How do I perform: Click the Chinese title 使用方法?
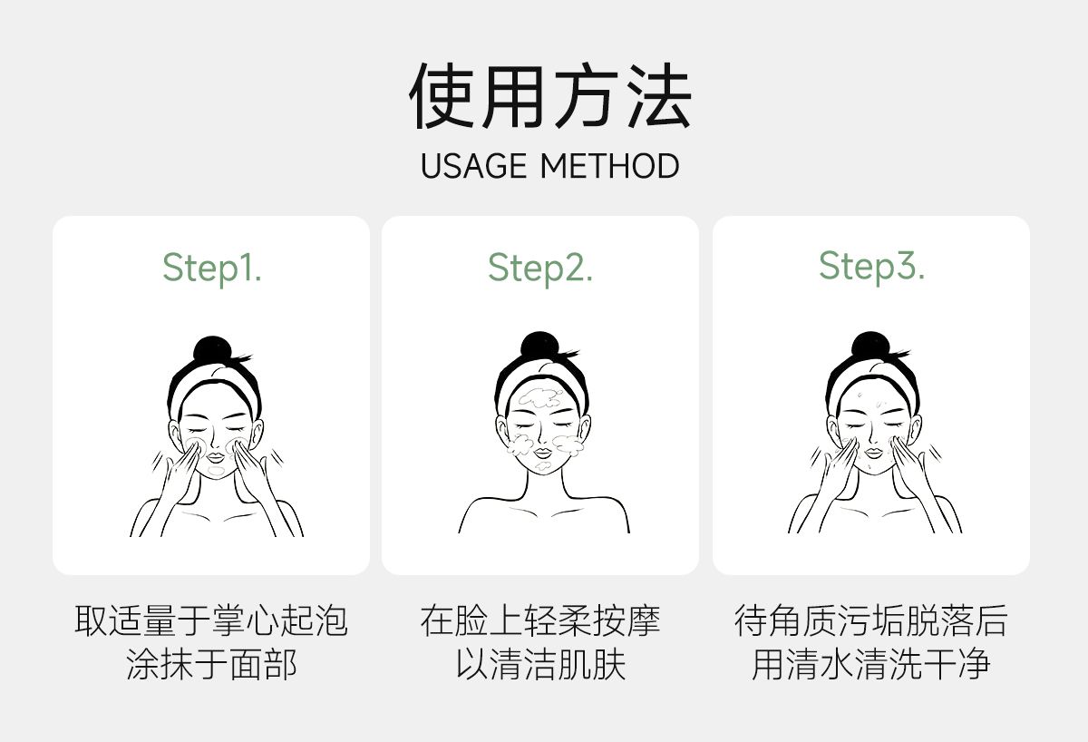point(549,95)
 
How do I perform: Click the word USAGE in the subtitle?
point(473,166)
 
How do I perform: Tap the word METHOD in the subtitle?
point(609,166)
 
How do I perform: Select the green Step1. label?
point(212,268)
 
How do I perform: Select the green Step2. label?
point(540,268)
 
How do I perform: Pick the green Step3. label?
point(871,267)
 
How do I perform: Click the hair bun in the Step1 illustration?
point(213,349)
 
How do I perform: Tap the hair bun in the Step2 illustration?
point(539,346)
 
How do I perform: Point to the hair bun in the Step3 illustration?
point(870,346)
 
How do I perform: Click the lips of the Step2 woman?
point(543,454)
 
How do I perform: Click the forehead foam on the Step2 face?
point(540,398)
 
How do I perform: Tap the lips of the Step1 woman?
point(216,457)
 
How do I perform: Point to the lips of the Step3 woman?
point(873,454)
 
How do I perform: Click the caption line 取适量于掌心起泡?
point(211,621)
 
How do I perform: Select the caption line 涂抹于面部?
point(211,664)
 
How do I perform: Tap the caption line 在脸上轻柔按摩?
point(540,621)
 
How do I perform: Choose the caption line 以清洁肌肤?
point(540,664)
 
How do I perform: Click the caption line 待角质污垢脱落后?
point(871,621)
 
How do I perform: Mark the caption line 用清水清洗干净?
point(871,664)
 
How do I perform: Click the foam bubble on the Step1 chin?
point(216,471)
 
